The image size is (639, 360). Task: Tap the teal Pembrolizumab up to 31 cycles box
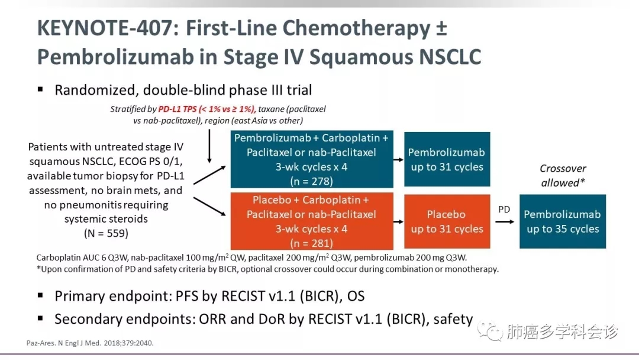click(x=447, y=160)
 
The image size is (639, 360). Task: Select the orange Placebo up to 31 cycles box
click(x=447, y=221)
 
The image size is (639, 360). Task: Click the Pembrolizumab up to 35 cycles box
click(x=562, y=221)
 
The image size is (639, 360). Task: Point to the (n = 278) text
click(x=311, y=181)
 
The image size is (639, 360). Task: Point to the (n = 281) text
click(x=311, y=243)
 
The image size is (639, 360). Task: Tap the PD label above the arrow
click(x=504, y=209)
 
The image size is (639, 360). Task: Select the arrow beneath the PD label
click(x=504, y=221)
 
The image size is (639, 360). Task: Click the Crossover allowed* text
click(x=563, y=176)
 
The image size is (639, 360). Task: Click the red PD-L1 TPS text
click(x=206, y=109)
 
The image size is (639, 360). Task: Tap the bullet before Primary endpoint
click(x=40, y=294)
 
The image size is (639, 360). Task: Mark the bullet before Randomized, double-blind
click(x=40, y=89)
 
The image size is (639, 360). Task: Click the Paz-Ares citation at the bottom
click(x=94, y=343)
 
